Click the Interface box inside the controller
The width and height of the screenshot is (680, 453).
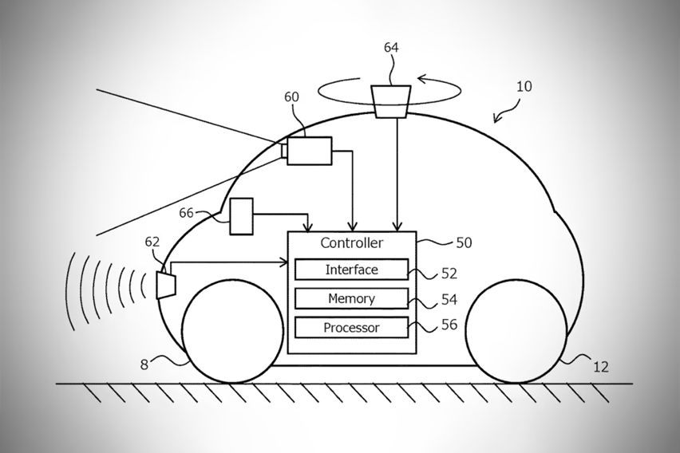pyautogui.click(x=351, y=270)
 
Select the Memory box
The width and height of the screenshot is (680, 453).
pyautogui.click(x=351, y=299)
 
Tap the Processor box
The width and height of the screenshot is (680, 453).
pyautogui.click(x=351, y=327)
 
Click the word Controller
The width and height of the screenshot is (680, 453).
pyautogui.click(x=351, y=242)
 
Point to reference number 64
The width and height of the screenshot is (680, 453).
pyautogui.click(x=392, y=48)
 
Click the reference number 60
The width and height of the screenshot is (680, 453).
pyautogui.click(x=293, y=97)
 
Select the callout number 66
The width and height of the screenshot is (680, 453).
pyautogui.click(x=186, y=213)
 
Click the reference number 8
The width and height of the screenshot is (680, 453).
pyautogui.click(x=144, y=366)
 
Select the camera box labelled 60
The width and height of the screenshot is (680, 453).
pyautogui.click(x=309, y=150)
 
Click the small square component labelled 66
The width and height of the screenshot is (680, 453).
pyautogui.click(x=241, y=216)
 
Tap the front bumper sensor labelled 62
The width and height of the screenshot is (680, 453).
pyautogui.click(x=168, y=283)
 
